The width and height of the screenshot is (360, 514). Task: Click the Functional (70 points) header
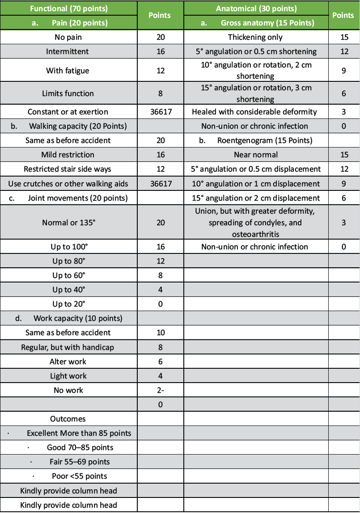pos(68,8)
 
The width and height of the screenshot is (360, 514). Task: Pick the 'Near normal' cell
pos(255,155)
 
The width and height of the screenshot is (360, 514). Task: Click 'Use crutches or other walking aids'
pos(68,184)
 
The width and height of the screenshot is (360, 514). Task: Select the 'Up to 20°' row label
pos(68,304)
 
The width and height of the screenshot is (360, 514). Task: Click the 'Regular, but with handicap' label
pos(68,347)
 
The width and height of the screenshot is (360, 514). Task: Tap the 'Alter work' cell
pos(68,361)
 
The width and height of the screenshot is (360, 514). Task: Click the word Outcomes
pos(68,419)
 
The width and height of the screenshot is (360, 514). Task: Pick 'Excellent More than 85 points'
pos(79,433)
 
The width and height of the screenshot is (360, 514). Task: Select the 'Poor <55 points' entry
pos(79,476)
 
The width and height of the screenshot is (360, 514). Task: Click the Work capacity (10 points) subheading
pos(78,318)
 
